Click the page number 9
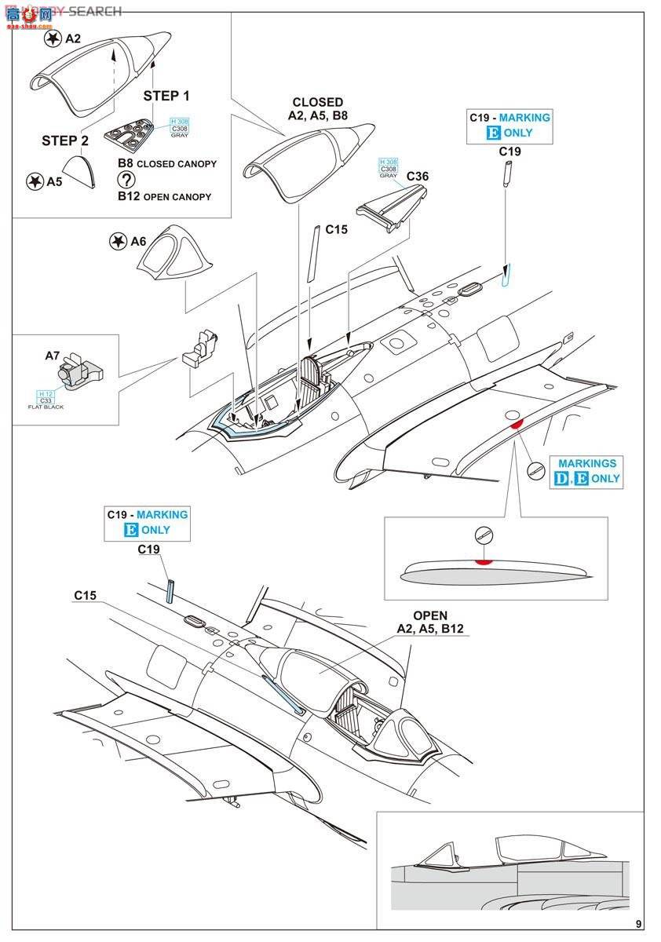pos(639,924)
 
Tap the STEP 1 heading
pos(166,96)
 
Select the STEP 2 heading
pos(65,141)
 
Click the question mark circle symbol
pos(126,180)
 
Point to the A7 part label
pos(53,356)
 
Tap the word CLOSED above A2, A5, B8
pos(317,102)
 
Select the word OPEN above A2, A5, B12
pos(430,615)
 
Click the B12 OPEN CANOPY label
pos(164,196)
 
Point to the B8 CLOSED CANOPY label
pos(166,164)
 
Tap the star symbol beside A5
pos(35,181)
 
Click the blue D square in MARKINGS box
pos(561,478)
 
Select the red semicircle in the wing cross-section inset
pos(484,560)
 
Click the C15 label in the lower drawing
pos(86,596)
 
